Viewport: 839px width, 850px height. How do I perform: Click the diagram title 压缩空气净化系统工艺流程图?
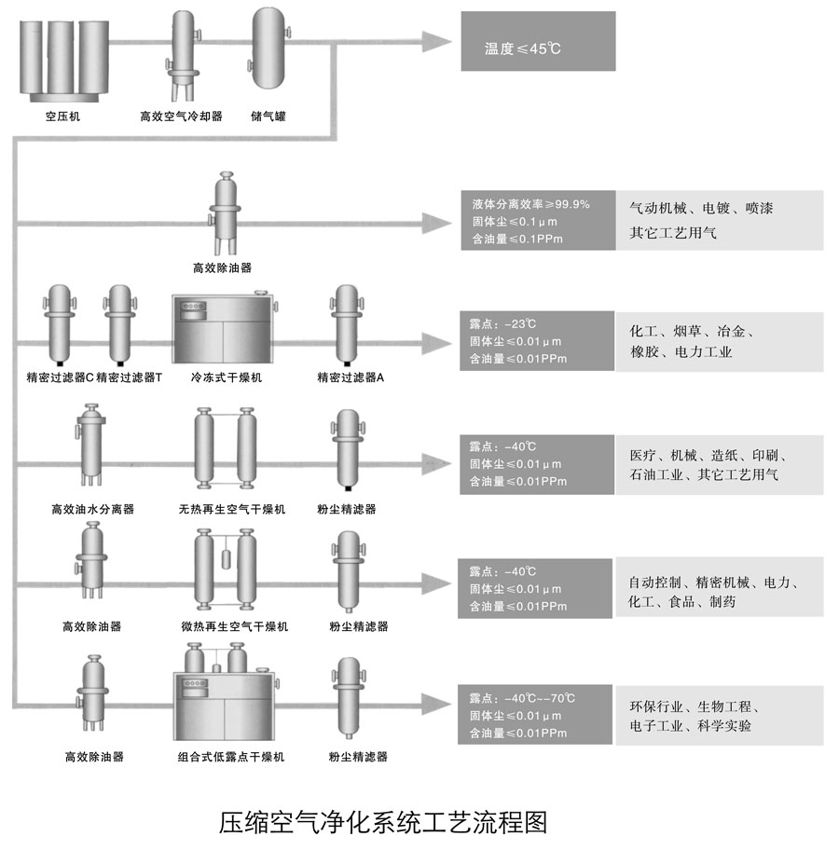tap(382, 822)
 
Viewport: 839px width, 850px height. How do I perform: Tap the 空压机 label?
tap(62, 117)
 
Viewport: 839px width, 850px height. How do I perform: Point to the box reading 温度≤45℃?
tap(538, 41)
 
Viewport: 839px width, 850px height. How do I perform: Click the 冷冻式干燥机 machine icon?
tap(226, 328)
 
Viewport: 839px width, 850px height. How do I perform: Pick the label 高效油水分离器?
tap(92, 510)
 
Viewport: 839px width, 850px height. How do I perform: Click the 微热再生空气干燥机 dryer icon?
tap(226, 569)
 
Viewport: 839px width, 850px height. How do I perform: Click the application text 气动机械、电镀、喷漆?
tap(701, 208)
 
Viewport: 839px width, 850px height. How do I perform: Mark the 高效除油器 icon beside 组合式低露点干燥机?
tap(92, 693)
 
